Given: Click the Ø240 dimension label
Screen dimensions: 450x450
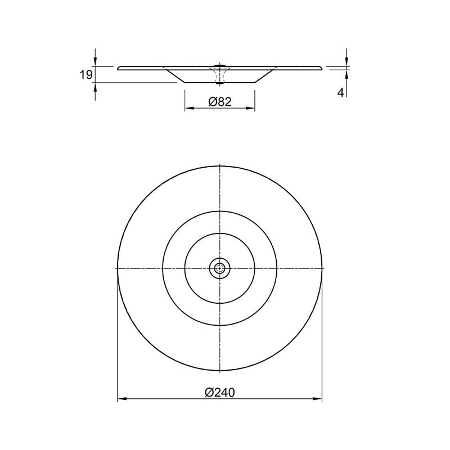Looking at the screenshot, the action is click(220, 392).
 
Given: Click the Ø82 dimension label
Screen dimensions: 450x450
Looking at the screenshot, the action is click(220, 102).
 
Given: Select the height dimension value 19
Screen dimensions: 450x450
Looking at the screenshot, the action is click(86, 75).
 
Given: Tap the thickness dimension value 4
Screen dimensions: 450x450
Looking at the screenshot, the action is click(340, 93).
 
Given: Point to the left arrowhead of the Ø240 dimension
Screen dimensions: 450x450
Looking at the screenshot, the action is click(122, 399).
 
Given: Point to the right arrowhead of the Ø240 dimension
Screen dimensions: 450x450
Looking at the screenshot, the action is click(317, 399).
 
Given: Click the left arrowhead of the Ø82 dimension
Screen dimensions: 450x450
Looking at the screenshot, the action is click(190, 108).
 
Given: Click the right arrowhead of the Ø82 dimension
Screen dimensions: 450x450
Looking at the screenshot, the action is click(250, 108).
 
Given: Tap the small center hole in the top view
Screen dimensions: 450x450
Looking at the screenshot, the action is click(219, 268).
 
